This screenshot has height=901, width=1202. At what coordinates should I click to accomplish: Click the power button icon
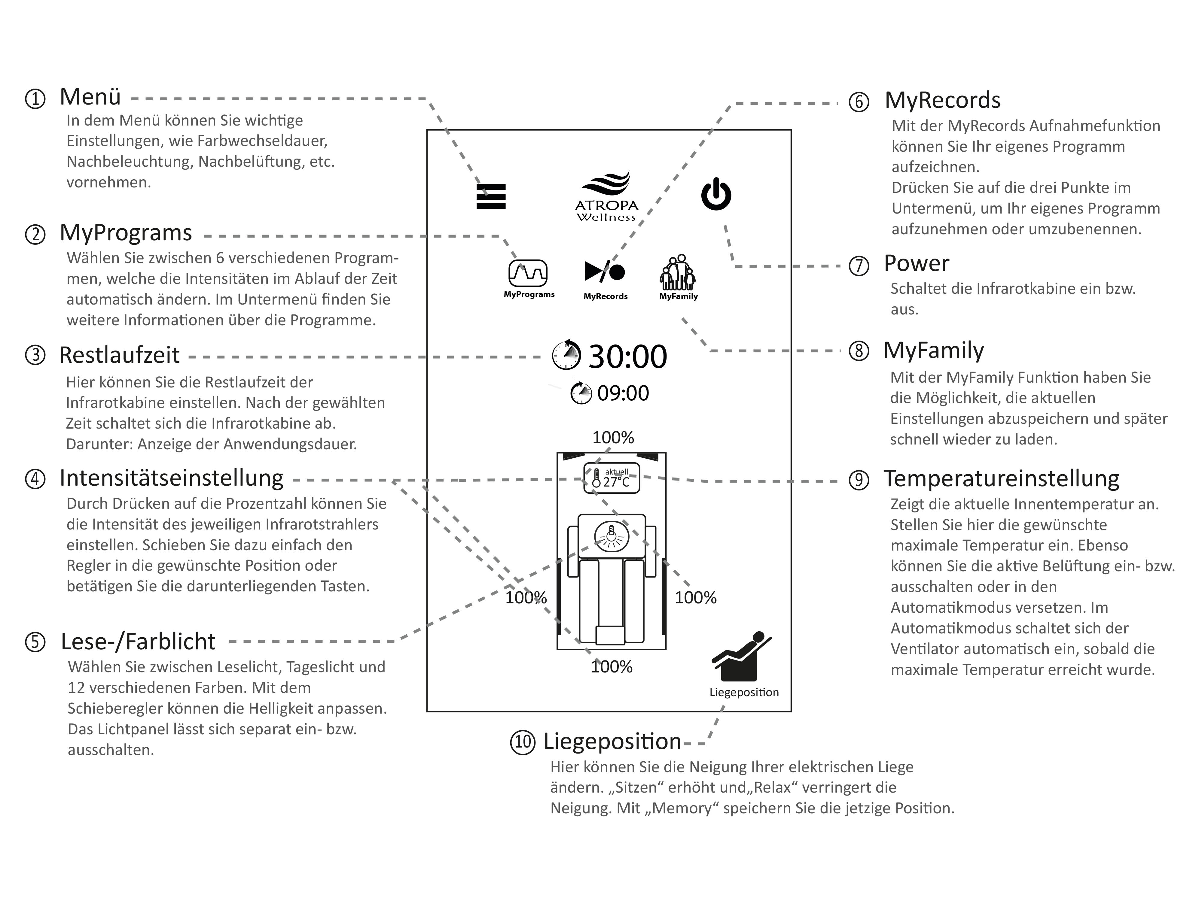[x=716, y=194]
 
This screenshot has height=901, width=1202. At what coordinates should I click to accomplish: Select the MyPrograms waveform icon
[x=528, y=273]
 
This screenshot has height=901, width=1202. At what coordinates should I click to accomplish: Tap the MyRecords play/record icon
[x=605, y=272]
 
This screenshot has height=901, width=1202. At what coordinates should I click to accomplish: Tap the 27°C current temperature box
[x=611, y=478]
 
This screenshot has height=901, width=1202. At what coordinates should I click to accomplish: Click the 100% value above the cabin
[x=613, y=437]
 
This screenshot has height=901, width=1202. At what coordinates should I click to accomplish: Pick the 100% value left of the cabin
[x=526, y=597]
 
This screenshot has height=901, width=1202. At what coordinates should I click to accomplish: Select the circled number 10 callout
[x=522, y=742]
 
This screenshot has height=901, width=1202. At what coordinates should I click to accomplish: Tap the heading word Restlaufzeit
[x=119, y=355]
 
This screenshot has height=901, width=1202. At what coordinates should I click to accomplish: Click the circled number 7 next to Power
[x=859, y=266]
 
